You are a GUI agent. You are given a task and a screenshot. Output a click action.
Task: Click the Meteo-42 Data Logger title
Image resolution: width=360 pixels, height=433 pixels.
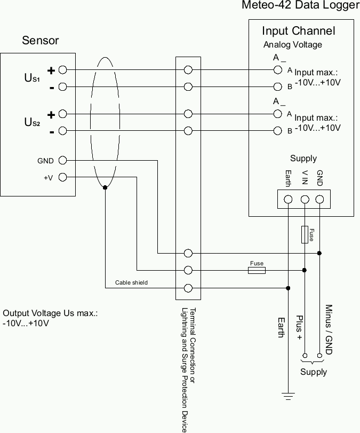click(x=301, y=6)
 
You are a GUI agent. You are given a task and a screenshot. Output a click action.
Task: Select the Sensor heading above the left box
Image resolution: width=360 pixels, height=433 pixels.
click(x=40, y=41)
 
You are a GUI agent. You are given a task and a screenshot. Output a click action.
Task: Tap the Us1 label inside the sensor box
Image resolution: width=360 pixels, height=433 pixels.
click(x=32, y=78)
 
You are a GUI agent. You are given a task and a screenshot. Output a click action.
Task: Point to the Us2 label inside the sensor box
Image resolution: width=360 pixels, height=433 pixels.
click(x=32, y=122)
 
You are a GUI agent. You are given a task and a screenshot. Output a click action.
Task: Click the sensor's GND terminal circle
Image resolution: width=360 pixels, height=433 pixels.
click(x=62, y=160)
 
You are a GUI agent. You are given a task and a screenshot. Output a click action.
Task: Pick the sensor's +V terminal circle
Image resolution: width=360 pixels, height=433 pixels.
click(x=62, y=177)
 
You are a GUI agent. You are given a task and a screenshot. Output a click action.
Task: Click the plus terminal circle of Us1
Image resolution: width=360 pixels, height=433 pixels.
click(x=62, y=70)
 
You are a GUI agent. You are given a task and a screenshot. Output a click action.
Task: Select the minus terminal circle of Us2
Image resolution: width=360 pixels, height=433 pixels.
click(x=62, y=131)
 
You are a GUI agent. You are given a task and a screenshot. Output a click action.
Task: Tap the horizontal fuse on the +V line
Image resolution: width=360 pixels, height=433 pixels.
click(x=257, y=271)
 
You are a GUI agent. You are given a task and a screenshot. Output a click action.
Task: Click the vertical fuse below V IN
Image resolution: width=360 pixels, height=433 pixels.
click(x=305, y=234)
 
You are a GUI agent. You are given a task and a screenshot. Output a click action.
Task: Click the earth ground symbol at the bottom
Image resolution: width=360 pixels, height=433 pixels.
click(x=288, y=396)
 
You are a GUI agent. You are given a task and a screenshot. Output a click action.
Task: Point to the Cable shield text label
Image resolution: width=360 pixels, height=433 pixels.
click(x=131, y=282)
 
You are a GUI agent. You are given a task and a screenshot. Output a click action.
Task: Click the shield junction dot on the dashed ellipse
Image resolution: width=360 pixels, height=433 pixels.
click(x=105, y=187)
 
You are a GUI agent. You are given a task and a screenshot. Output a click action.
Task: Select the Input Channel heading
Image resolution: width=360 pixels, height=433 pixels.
click(x=298, y=31)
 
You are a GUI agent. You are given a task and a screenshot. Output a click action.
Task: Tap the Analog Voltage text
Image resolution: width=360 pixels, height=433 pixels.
click(x=292, y=45)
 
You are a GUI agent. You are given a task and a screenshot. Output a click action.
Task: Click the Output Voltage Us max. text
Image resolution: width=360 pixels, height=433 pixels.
click(x=50, y=313)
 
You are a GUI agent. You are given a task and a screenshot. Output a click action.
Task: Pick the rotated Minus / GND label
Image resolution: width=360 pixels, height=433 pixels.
click(x=329, y=330)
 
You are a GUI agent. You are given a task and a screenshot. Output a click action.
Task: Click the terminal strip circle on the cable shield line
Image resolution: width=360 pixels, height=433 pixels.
click(x=188, y=288)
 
